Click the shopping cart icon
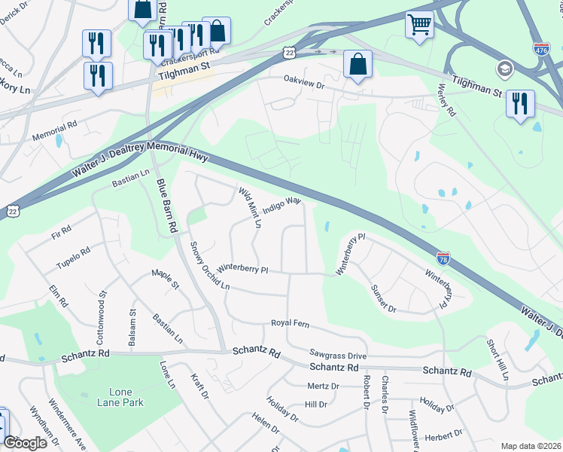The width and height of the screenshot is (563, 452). [x=420, y=23]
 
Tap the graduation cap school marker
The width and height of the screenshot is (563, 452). [x=504, y=70]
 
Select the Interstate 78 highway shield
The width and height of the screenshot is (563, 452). [x=443, y=258]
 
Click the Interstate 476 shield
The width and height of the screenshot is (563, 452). [x=540, y=48]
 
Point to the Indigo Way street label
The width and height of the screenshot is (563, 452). [x=282, y=203]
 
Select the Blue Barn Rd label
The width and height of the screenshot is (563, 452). [x=166, y=204]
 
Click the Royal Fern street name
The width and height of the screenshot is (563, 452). [x=290, y=323]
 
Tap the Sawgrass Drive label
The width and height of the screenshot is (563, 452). [x=338, y=353]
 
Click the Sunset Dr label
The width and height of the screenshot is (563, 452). [x=382, y=298]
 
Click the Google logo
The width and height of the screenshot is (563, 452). [x=26, y=443]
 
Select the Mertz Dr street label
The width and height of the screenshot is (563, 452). [x=324, y=386]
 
